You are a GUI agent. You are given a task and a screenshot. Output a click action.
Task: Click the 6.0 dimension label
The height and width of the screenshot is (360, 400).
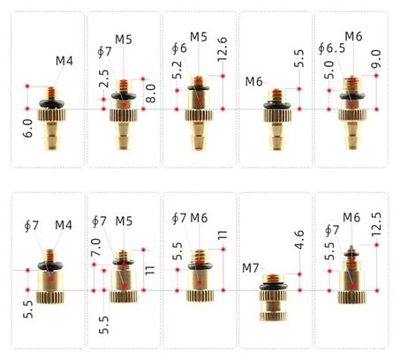coord(27,129)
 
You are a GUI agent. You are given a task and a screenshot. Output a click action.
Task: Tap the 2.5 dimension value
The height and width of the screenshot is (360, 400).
coord(103,79)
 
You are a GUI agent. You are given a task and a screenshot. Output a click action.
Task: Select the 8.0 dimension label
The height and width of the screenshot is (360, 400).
coord(150,94)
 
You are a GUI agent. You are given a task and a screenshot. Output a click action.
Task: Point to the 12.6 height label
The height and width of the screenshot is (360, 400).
coord(223,49)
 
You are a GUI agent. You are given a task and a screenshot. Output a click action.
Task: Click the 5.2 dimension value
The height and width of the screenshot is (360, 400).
coord(177,70)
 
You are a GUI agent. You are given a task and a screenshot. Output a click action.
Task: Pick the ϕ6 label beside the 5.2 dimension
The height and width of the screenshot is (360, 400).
coord(179,49)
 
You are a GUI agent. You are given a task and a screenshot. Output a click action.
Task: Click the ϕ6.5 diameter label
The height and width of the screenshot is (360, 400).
coord(332,49)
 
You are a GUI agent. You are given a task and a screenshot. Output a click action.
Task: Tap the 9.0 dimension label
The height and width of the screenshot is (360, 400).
coord(376,59)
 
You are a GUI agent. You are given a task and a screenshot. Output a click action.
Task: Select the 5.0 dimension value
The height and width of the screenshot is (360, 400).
coord(329,70)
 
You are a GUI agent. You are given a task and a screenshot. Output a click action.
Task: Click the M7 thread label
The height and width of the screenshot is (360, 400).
coord(251,268)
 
